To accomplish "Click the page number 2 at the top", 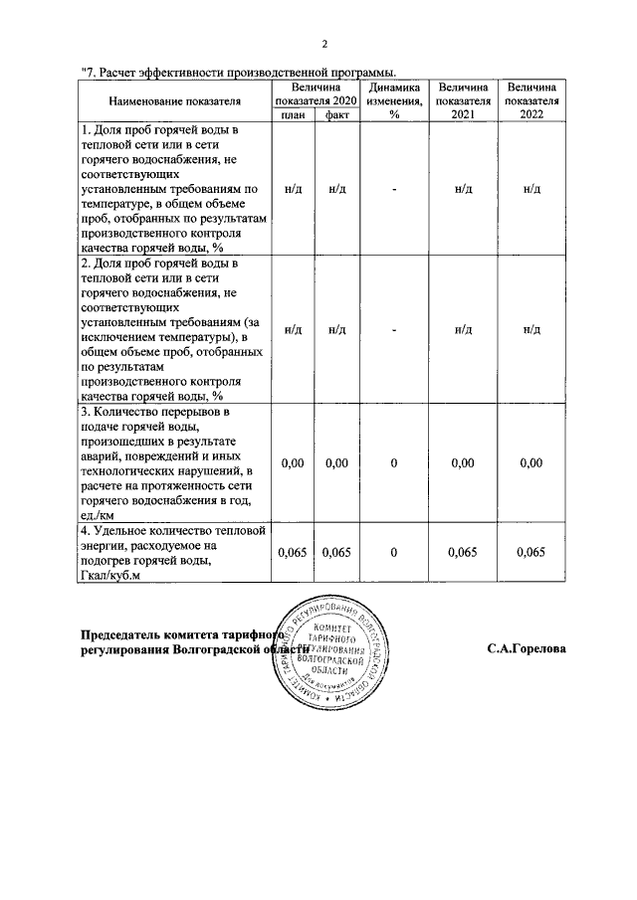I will pos(324,44).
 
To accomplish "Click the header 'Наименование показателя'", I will pos(175,101).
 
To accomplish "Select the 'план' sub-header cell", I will pos(293,115).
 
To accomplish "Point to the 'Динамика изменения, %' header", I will pos(394,101).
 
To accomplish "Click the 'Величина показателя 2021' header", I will pos(463,101).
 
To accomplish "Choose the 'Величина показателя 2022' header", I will pos(531,101).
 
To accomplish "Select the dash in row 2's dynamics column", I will pos(394,329).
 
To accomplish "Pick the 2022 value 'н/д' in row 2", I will pos(531,329).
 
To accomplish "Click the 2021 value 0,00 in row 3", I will pos(463,462).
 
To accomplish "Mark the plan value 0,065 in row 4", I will pos(293,553).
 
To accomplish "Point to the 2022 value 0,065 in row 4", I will pos(531,553).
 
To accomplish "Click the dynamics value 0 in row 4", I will pos(394,553).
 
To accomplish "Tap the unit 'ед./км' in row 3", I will pos(99,515).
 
